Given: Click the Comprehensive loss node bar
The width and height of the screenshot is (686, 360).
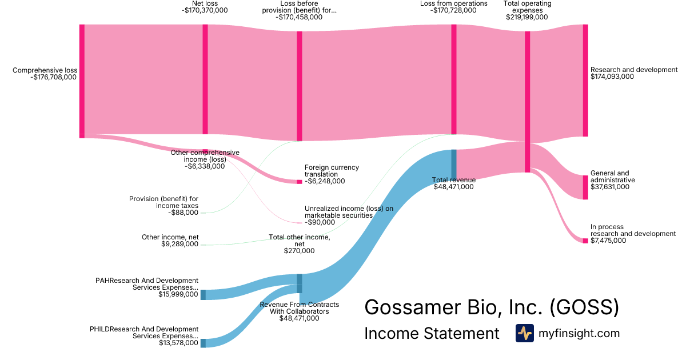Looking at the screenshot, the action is pyautogui.click(x=82, y=80).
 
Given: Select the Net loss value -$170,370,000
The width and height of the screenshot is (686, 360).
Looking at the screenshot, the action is pyautogui.click(x=205, y=10).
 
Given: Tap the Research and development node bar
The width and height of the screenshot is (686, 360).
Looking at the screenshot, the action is pyautogui.click(x=585, y=80).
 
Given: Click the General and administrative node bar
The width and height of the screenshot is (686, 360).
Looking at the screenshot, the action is pyautogui.click(x=585, y=187).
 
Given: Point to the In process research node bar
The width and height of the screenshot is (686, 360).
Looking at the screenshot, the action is pyautogui.click(x=585, y=241).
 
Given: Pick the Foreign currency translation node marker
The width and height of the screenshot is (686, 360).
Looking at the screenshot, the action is pyautogui.click(x=299, y=182).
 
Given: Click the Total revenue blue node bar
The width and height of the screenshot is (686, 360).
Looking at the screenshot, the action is pyautogui.click(x=453, y=158).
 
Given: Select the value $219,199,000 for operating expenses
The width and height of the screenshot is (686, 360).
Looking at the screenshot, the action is pyautogui.click(x=527, y=17).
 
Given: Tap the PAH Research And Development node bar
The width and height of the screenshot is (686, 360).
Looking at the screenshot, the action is pyautogui.click(x=203, y=295).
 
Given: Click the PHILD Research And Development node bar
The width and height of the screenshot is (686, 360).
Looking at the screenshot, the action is pyautogui.click(x=203, y=343).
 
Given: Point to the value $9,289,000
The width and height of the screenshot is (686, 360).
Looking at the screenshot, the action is pyautogui.click(x=180, y=244).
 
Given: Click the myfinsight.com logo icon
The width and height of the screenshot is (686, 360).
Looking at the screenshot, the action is pyautogui.click(x=524, y=333).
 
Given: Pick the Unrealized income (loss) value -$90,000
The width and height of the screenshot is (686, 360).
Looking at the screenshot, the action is pyautogui.click(x=320, y=222).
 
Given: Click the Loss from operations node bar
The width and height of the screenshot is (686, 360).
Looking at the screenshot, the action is pyautogui.click(x=453, y=79).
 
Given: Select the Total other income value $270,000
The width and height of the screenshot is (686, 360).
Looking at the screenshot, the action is pyautogui.click(x=299, y=250).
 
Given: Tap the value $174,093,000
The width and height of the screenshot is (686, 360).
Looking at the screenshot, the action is pyautogui.click(x=612, y=77).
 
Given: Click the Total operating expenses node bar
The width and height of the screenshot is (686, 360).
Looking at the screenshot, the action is pyautogui.click(x=527, y=101).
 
